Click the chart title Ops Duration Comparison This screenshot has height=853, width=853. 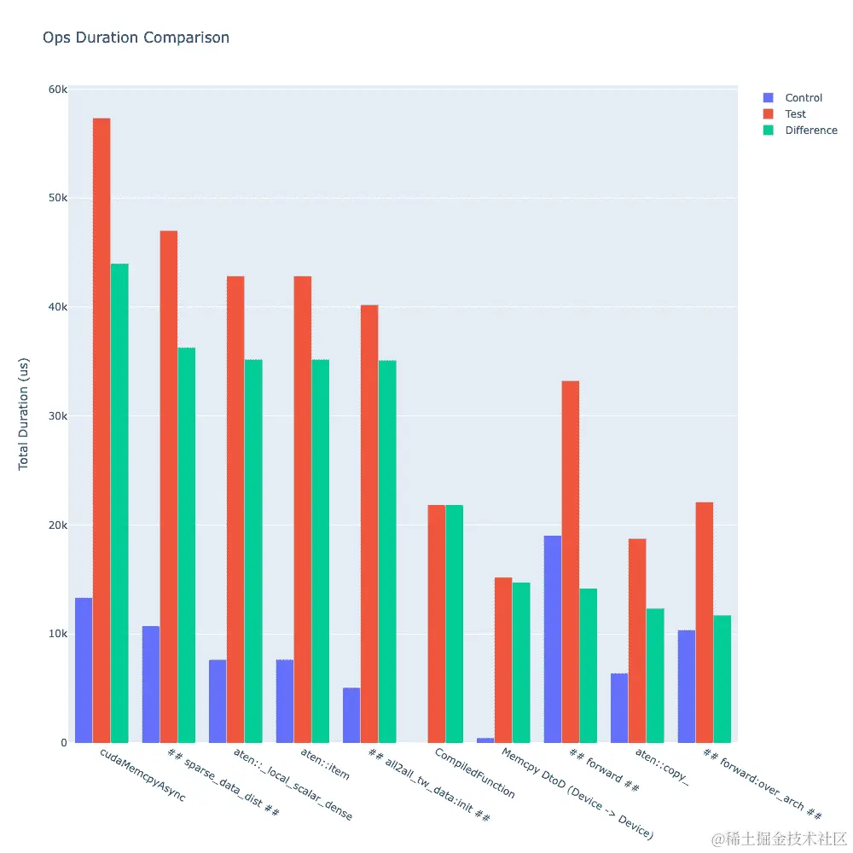click(x=136, y=38)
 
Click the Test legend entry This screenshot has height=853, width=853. click(x=795, y=114)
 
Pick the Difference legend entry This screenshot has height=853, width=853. click(x=810, y=131)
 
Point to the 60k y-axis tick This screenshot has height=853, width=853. click(x=57, y=90)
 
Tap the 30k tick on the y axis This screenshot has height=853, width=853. click(x=57, y=416)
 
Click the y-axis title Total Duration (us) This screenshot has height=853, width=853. click(x=24, y=413)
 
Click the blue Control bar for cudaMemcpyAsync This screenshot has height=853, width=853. click(x=84, y=670)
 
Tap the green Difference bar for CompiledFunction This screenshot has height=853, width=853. click(x=455, y=624)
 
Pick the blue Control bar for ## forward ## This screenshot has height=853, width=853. click(x=553, y=639)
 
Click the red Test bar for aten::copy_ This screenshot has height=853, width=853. click(x=637, y=641)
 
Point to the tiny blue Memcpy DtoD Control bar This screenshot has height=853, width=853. click(x=485, y=740)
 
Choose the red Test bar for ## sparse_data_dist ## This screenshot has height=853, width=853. click(x=169, y=486)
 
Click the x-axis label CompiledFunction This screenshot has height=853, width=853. click(x=474, y=773)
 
